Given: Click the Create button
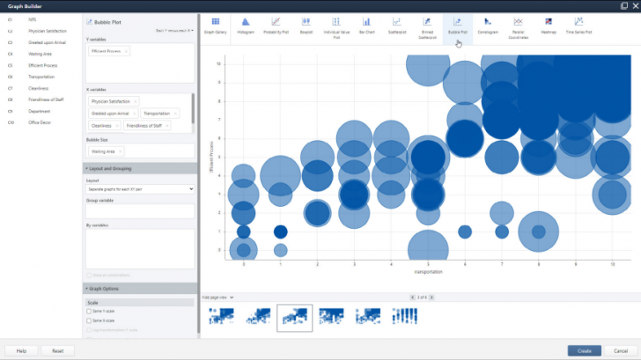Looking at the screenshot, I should (x=584, y=350).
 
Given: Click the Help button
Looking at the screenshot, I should (x=21, y=350).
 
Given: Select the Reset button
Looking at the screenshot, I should (x=57, y=350).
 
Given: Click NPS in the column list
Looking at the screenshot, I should (x=33, y=18).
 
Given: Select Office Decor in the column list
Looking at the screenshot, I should (x=40, y=122).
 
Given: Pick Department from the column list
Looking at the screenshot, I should (x=40, y=111).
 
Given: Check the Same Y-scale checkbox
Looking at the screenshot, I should (x=89, y=311).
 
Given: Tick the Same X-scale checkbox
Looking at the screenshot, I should (x=89, y=320).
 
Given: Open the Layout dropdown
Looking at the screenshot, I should (x=140, y=188).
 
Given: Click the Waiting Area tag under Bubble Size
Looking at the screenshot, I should (x=107, y=151).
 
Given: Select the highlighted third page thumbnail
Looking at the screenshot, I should (x=294, y=317).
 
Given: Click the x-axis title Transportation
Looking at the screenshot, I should (x=428, y=273).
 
